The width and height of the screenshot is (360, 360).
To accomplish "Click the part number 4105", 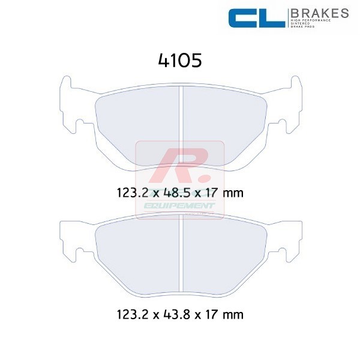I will click(179, 61).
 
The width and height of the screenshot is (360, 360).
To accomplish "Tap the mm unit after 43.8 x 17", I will click(233, 313).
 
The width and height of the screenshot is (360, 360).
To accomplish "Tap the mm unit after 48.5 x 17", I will click(233, 194).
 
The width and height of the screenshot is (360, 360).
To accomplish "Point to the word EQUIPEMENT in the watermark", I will click(180, 206).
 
